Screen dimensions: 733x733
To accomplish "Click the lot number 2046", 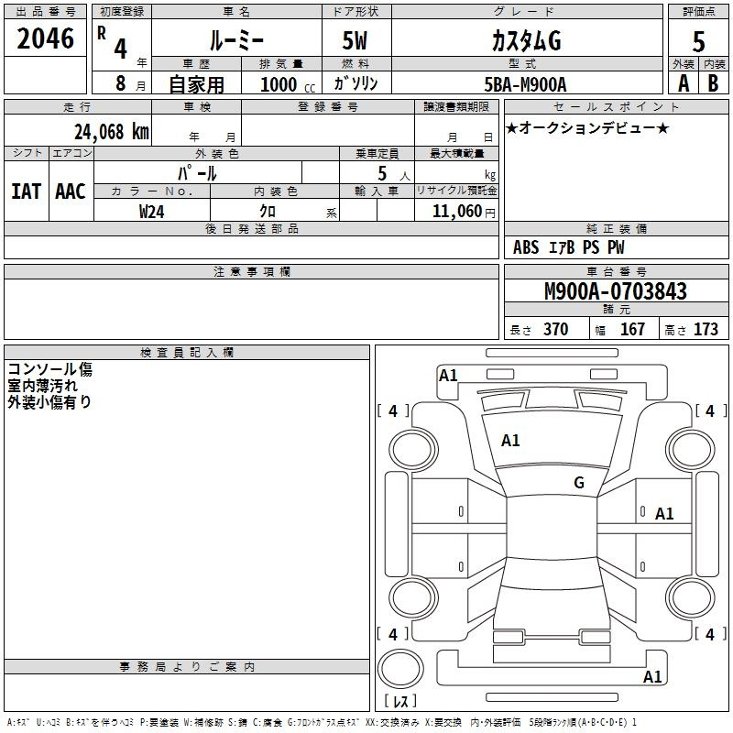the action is tap(45, 38).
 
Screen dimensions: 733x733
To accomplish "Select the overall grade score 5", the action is tap(698, 41).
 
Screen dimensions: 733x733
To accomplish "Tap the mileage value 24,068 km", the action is tap(112, 132).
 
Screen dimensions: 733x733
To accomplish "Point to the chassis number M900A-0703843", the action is tap(616, 291).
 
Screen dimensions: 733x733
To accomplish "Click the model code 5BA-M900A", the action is tap(525, 84).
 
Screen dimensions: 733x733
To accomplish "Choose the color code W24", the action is tap(152, 212).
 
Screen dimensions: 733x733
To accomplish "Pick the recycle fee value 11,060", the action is tap(456, 212).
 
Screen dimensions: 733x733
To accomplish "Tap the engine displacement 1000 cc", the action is tap(288, 84).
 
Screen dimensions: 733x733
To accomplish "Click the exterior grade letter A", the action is tap(684, 83).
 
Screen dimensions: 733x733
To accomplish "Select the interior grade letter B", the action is tap(713, 83).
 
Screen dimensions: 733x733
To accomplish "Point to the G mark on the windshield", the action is tap(579, 483).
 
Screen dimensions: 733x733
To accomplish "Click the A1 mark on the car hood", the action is tap(510, 441).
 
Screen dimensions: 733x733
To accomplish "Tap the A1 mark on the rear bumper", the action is tap(652, 676).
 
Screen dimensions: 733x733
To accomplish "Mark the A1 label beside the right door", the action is tap(664, 514).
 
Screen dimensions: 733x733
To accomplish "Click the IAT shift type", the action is tap(27, 191).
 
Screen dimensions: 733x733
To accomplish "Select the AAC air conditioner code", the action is tap(71, 191).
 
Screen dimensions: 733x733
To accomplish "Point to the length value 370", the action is tap(556, 329).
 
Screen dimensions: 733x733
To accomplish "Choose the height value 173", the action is tap(706, 329).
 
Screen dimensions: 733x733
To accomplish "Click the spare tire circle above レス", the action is tap(400, 669).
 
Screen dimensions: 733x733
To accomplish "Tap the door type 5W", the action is tap(355, 40).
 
